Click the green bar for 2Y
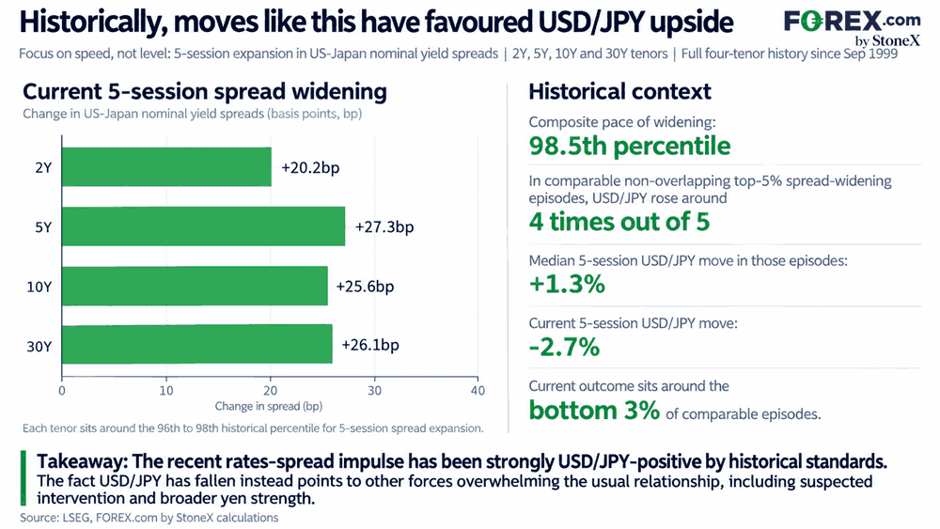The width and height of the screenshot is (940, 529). (x=166, y=166)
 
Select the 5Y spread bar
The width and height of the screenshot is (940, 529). (x=204, y=226)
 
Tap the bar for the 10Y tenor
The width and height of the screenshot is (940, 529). (x=195, y=286)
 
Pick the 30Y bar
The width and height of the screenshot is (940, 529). (x=197, y=344)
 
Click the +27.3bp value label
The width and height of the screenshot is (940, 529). (x=384, y=227)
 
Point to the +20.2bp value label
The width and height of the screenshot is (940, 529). (x=310, y=167)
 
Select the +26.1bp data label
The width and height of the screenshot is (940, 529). (x=370, y=345)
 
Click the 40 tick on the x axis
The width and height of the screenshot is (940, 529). (x=478, y=391)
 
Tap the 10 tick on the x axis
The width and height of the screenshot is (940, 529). (x=166, y=391)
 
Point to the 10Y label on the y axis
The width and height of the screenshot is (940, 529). (x=39, y=287)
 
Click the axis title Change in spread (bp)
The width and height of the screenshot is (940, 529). (x=269, y=406)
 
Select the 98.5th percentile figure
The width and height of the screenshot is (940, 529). (x=630, y=147)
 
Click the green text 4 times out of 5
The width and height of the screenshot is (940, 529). (x=619, y=222)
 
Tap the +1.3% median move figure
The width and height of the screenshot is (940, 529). (x=567, y=284)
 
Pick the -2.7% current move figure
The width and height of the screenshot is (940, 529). (x=564, y=347)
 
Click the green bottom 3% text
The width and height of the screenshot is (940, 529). (x=594, y=411)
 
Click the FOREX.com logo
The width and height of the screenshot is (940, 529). (x=852, y=27)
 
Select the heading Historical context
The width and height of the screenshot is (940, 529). (x=619, y=92)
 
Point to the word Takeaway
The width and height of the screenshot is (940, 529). (x=82, y=462)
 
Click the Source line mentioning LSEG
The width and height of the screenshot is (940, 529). (x=149, y=518)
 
